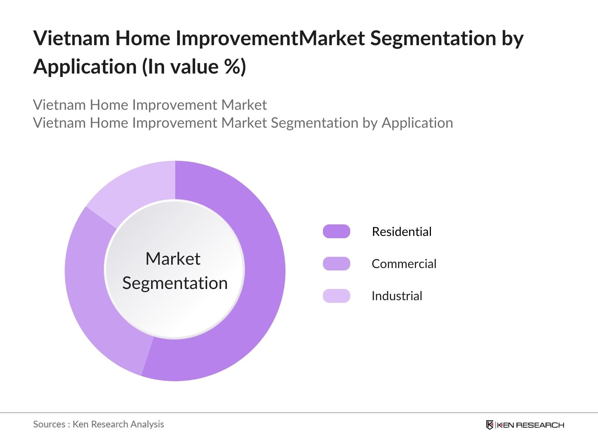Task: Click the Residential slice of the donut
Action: (x=258, y=284)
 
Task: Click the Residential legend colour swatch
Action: (x=336, y=231)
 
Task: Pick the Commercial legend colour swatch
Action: (x=336, y=264)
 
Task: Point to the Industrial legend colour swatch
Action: (x=336, y=296)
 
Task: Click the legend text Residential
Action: (x=401, y=231)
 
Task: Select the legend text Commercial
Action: (x=404, y=264)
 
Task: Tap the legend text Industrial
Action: (x=397, y=296)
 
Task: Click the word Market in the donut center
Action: (x=173, y=259)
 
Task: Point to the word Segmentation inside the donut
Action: (x=175, y=283)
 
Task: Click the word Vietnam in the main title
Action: (x=71, y=38)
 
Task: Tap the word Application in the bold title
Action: (x=85, y=67)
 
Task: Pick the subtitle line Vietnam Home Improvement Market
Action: (x=149, y=105)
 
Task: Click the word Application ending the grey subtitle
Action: (x=417, y=123)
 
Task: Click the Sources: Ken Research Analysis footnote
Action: (x=98, y=424)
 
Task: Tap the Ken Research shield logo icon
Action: (x=490, y=425)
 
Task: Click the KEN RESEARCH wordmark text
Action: (x=530, y=425)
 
